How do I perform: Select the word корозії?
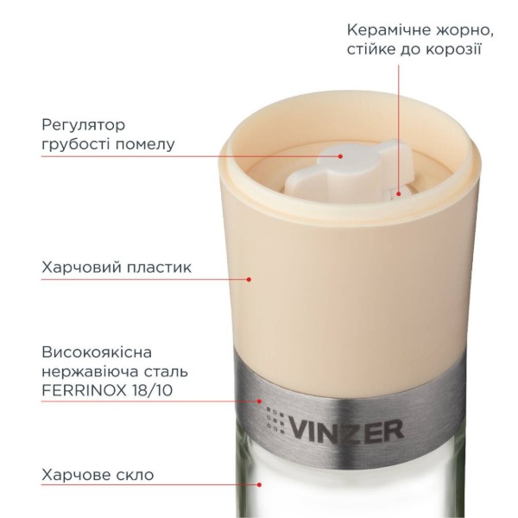click(x=453, y=50)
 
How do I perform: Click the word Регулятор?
click(x=84, y=126)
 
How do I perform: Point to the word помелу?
click(x=144, y=145)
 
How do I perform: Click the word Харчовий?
click(x=78, y=267)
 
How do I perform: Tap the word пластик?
click(x=155, y=267)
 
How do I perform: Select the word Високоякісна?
click(x=97, y=352)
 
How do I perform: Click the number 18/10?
click(x=152, y=390)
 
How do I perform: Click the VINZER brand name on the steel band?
click(x=346, y=430)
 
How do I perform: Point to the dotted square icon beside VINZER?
click(x=275, y=420)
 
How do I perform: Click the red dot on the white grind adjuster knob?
click(x=340, y=156)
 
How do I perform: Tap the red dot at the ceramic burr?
click(x=399, y=194)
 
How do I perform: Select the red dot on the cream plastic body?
click(x=250, y=279)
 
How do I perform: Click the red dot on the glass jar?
click(x=260, y=484)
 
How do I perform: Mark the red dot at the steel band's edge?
click(x=260, y=401)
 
